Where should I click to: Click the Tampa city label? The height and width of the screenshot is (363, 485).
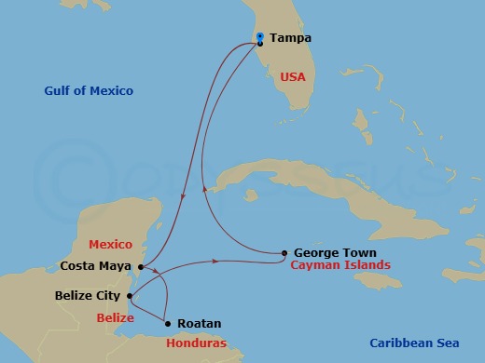290,38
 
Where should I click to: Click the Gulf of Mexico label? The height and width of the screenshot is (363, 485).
89,90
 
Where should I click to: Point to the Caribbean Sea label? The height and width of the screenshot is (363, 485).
415,342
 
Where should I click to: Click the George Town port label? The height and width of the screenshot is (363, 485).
335,252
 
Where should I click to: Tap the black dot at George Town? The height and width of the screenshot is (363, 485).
284,252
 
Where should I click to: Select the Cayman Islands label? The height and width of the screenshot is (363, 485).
340,265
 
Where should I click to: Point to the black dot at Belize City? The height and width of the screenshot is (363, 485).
130,297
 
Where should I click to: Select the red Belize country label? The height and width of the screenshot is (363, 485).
116,317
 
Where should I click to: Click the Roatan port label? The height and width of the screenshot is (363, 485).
199,323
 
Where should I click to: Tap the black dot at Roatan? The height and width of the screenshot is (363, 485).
168,323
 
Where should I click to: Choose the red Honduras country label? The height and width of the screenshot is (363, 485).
196,342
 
